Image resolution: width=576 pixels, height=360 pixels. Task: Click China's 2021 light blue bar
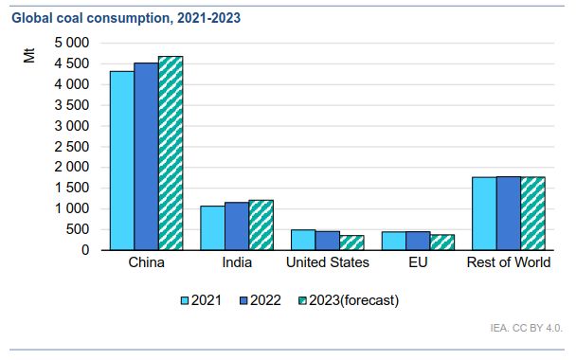[122, 160]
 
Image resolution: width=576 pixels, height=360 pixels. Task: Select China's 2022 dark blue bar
[147, 156]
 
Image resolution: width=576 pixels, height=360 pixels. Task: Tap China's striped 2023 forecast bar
[171, 153]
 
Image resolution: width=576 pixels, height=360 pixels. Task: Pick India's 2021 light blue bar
[213, 227]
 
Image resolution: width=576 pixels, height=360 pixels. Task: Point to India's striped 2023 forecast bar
[261, 225]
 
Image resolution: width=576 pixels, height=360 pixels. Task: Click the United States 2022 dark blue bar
[328, 241]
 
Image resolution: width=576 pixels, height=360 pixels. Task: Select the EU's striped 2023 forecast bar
[442, 243]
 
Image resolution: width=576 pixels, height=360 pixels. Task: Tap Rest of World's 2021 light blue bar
[484, 214]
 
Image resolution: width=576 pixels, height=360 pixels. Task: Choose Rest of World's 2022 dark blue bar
[509, 213]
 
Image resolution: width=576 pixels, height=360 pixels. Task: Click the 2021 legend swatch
[185, 301]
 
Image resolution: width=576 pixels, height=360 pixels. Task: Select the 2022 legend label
[265, 300]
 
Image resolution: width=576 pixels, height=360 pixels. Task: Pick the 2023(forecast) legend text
[353, 300]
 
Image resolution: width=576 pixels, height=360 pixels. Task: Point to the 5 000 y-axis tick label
[72, 43]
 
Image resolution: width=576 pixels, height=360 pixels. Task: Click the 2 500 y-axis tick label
[72, 147]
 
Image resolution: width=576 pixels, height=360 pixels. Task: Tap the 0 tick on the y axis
[85, 250]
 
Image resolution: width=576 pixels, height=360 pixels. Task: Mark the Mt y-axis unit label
[29, 56]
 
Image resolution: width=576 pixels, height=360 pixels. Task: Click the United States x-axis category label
[328, 262]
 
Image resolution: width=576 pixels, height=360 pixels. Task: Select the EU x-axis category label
[418, 262]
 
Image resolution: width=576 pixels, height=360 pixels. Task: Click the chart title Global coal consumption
[126, 18]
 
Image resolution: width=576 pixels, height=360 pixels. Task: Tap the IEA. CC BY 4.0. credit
[526, 328]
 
